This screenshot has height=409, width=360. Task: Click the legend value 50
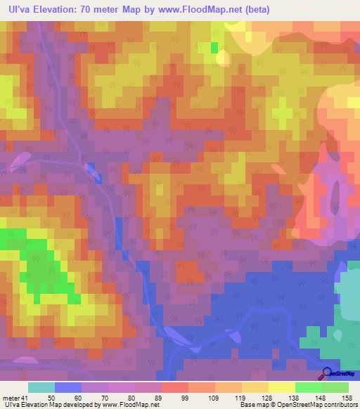(x=67, y=397)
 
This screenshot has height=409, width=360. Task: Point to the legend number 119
(x=227, y=397)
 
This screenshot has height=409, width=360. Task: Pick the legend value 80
(x=120, y=397)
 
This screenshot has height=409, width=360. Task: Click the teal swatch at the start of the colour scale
(x=41, y=387)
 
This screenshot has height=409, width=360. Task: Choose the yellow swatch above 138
(x=282, y=387)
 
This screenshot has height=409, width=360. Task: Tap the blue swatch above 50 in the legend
(x=68, y=387)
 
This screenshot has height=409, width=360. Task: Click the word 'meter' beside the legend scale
(x=11, y=397)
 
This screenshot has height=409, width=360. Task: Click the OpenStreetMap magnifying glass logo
(x=327, y=375)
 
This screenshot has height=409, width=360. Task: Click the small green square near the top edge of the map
(x=214, y=48)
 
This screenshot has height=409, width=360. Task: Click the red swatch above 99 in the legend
(x=175, y=387)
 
